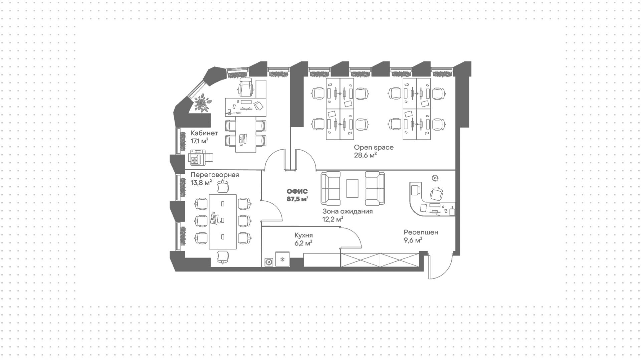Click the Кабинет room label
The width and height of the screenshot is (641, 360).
pos(204,133)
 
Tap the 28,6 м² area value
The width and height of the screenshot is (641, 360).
pos(365,155)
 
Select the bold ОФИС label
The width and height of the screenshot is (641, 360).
pos(297,191)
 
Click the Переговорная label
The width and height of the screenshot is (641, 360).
pos(214,175)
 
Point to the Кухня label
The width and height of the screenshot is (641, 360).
pos(303,235)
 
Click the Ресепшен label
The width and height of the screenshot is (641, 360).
pos(421,232)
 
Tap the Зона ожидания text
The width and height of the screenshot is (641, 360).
pos(347,211)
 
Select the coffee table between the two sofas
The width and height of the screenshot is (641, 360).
pos(353,188)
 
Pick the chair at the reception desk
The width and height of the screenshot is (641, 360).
pos(436,194)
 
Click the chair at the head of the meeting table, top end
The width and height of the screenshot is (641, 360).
pos(223,186)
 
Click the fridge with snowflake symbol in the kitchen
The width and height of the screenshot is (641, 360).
pos(282,260)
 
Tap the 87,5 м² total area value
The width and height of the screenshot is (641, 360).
pos(297,199)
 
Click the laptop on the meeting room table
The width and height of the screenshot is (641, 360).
pos(214,219)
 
